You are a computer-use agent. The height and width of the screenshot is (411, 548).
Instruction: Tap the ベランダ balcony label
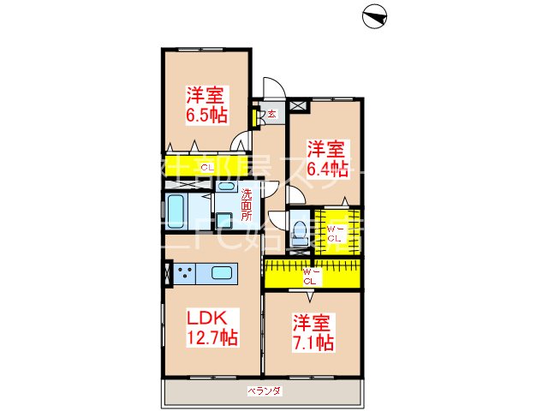pyautogui.click(x=265, y=390)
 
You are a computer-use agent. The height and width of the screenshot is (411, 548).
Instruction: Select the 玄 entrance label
pyautogui.click(x=271, y=113)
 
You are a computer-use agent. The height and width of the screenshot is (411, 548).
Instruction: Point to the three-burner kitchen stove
pyautogui.click(x=185, y=275)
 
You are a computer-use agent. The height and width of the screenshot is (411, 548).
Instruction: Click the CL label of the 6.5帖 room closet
pyautogui.click(x=206, y=166)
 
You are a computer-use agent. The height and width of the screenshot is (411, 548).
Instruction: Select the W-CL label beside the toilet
pyautogui.click(x=335, y=233)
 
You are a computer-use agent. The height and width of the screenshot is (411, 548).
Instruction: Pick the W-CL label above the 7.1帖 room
pyautogui.click(x=310, y=276)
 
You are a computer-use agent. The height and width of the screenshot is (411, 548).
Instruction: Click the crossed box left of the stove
pyautogui.click(x=166, y=275)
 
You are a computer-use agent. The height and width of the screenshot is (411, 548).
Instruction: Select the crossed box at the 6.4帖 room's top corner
pyautogui.click(x=297, y=105)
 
